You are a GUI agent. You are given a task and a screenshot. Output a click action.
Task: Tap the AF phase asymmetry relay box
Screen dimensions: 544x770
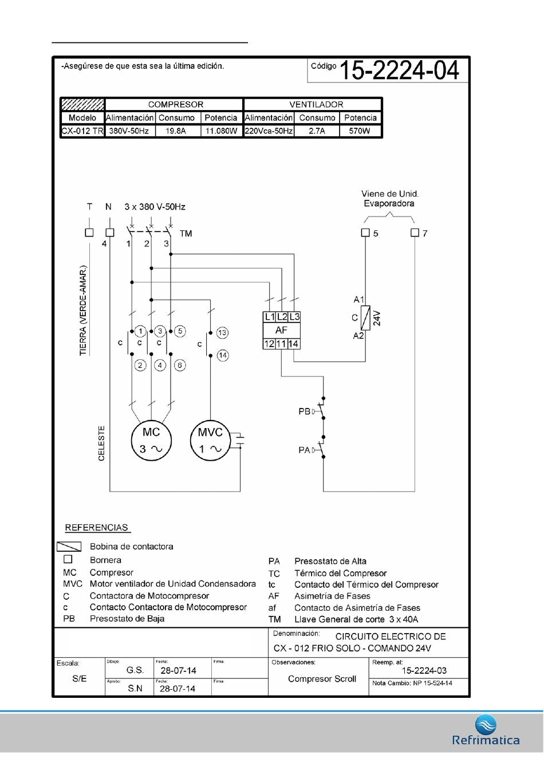tap(282, 330)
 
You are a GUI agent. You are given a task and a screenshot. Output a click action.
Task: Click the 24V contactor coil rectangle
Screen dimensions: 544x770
tap(365, 317)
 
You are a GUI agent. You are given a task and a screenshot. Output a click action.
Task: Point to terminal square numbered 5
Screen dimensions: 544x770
tap(365, 233)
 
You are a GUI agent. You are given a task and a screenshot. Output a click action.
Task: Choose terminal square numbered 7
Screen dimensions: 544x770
tap(415, 233)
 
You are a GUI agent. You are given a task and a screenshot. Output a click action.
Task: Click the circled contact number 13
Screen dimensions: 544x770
tap(222, 332)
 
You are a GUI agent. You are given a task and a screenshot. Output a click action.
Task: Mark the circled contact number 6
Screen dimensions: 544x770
tap(180, 365)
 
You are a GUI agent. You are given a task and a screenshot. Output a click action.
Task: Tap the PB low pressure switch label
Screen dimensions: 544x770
tap(305, 411)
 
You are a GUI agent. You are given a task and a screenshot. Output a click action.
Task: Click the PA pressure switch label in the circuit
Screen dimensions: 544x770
tap(305, 450)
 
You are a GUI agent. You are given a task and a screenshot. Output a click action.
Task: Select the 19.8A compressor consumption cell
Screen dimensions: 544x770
tap(178, 131)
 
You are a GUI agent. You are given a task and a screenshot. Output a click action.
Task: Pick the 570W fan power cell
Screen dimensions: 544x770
tap(360, 131)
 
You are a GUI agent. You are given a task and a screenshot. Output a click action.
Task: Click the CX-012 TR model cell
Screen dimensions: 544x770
tap(82, 131)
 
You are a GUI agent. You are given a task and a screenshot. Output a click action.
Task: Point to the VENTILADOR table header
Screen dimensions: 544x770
tap(316, 104)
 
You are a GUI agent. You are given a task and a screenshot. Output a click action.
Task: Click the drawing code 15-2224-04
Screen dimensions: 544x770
tap(399, 70)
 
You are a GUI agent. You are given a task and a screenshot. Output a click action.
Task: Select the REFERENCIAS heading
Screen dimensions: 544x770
tap(97, 527)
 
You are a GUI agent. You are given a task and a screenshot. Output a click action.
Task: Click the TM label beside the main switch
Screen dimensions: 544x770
tap(186, 234)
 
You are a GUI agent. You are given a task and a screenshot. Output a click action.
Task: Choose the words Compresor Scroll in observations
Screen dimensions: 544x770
tap(322, 678)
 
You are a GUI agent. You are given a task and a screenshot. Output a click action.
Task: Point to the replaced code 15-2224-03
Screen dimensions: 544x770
tap(424, 670)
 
